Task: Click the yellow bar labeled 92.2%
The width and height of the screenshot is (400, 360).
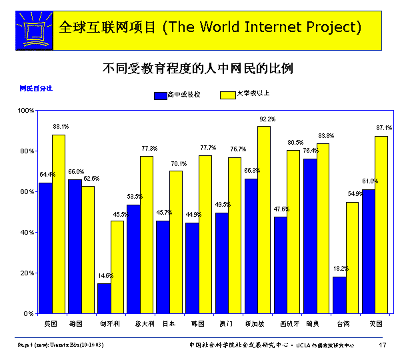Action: pyautogui.click(x=264, y=219)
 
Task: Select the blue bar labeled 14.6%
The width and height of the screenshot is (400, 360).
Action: pyautogui.click(x=104, y=298)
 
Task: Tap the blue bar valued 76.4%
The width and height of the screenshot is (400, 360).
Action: pyautogui.click(x=310, y=235)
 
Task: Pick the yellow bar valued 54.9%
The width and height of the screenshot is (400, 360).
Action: pyautogui.click(x=352, y=257)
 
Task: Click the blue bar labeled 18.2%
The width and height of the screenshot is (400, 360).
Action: pyautogui.click(x=339, y=295)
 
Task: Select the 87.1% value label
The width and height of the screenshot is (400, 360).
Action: pyautogui.click(x=384, y=127)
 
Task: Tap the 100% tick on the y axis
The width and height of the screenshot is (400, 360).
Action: pyautogui.click(x=26, y=110)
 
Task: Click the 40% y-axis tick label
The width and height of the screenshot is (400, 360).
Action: pyautogui.click(x=27, y=232)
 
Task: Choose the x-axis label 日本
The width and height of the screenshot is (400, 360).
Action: pyautogui.click(x=169, y=323)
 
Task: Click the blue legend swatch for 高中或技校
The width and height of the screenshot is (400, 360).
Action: pyautogui.click(x=160, y=95)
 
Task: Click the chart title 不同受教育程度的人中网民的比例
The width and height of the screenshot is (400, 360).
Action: pyautogui.click(x=198, y=69)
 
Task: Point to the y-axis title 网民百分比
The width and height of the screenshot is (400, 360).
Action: pyautogui.click(x=35, y=87)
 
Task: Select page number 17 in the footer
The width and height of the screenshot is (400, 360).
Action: pyautogui.click(x=383, y=345)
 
